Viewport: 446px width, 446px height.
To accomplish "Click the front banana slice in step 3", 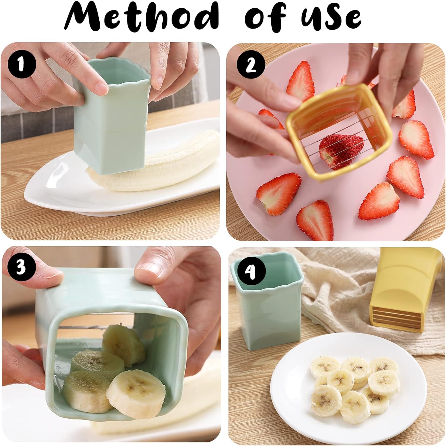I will pyautogui.click(x=135, y=393).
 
